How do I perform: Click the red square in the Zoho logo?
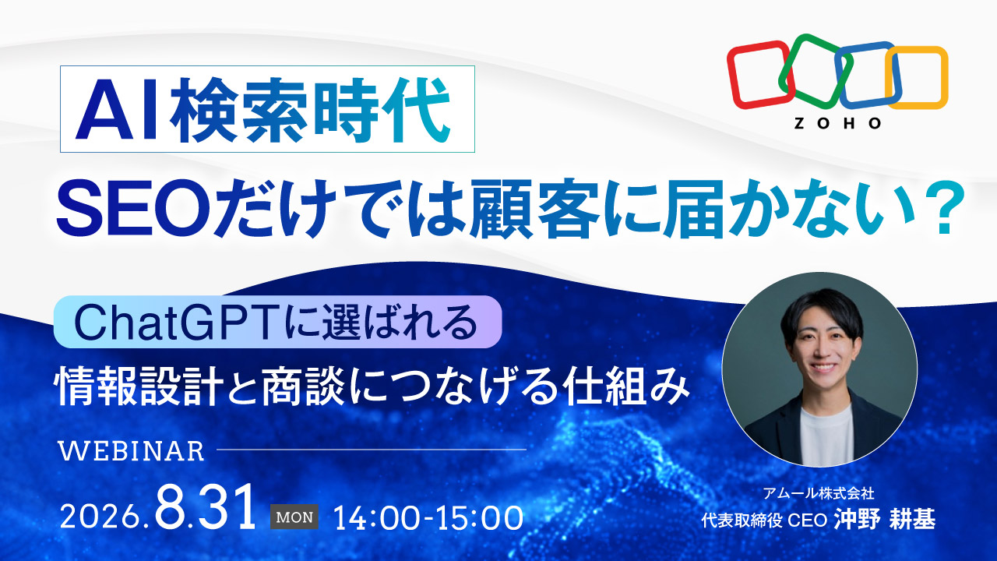click(731, 76)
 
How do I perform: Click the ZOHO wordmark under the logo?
click(837, 123)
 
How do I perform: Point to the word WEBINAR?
click(132, 451)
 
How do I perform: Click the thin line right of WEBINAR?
click(372, 450)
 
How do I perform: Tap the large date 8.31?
click(205, 507)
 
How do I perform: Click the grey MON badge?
click(294, 517)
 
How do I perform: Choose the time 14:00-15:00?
click(428, 518)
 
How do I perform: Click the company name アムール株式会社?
click(819, 493)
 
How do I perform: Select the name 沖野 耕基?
click(884, 520)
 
